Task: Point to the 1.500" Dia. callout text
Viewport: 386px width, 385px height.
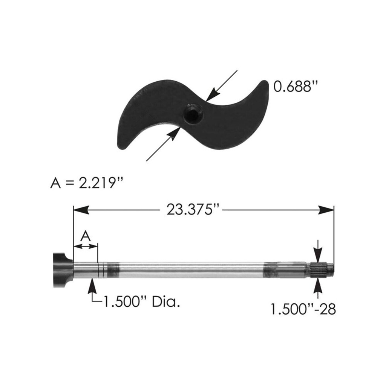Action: tap(141, 301)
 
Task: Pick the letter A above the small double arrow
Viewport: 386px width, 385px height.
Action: tap(86, 236)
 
